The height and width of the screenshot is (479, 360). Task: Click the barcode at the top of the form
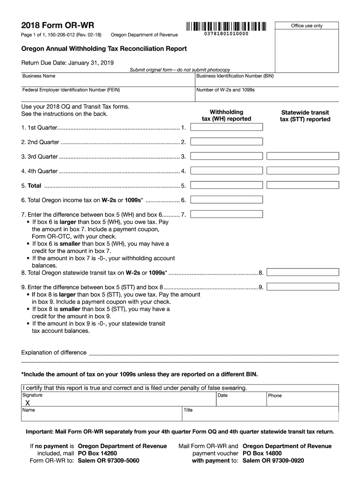tap(226, 26)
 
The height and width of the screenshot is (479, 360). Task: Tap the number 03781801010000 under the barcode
tap(226, 35)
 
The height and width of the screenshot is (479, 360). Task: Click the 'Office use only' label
tap(307, 26)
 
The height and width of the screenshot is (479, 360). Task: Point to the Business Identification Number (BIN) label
tap(235, 76)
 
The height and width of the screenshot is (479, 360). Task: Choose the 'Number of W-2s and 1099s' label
tap(225, 89)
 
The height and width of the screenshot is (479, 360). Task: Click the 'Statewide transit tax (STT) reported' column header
tap(305, 116)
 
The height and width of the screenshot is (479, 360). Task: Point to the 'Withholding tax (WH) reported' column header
tap(226, 115)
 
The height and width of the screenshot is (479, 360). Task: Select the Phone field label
tap(275, 396)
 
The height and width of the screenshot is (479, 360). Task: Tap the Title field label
tap(188, 410)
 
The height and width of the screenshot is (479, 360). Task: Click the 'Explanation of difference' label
tap(54, 352)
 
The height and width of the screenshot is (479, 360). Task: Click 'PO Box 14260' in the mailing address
tap(97, 453)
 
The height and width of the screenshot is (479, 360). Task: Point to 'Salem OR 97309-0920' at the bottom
tap(274, 460)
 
